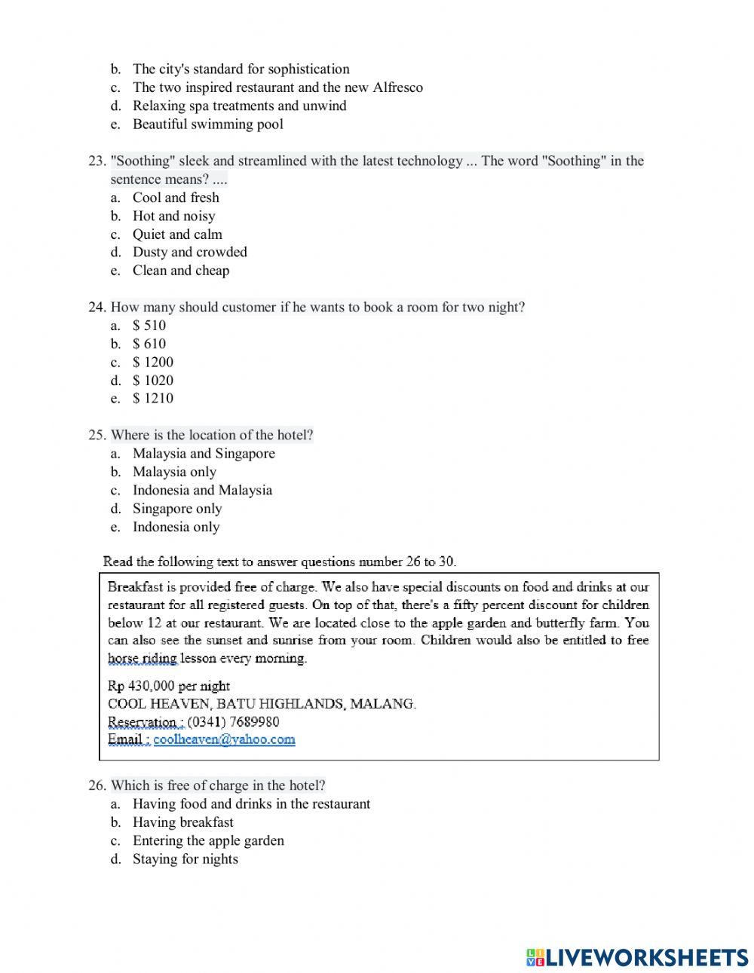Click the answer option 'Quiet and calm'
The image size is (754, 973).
click(x=177, y=234)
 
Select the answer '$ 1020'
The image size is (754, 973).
click(x=153, y=381)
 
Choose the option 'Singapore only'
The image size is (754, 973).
click(x=177, y=509)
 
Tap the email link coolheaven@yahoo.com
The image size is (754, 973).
click(x=224, y=739)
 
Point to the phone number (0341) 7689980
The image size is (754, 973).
click(x=233, y=721)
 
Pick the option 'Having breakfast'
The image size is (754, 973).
click(x=183, y=822)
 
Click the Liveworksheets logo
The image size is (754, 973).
click(x=637, y=957)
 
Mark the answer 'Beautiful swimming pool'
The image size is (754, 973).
click(x=208, y=124)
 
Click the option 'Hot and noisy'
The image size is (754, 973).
click(x=174, y=216)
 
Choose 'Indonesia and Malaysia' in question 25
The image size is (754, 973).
click(x=202, y=491)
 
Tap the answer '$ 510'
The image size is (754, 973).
click(x=149, y=326)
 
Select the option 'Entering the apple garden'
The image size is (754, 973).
click(x=208, y=840)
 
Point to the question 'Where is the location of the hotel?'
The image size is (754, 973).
click(x=212, y=436)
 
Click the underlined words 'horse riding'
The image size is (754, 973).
click(x=143, y=658)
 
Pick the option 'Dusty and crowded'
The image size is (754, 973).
click(x=190, y=252)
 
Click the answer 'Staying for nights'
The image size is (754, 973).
click(x=185, y=859)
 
